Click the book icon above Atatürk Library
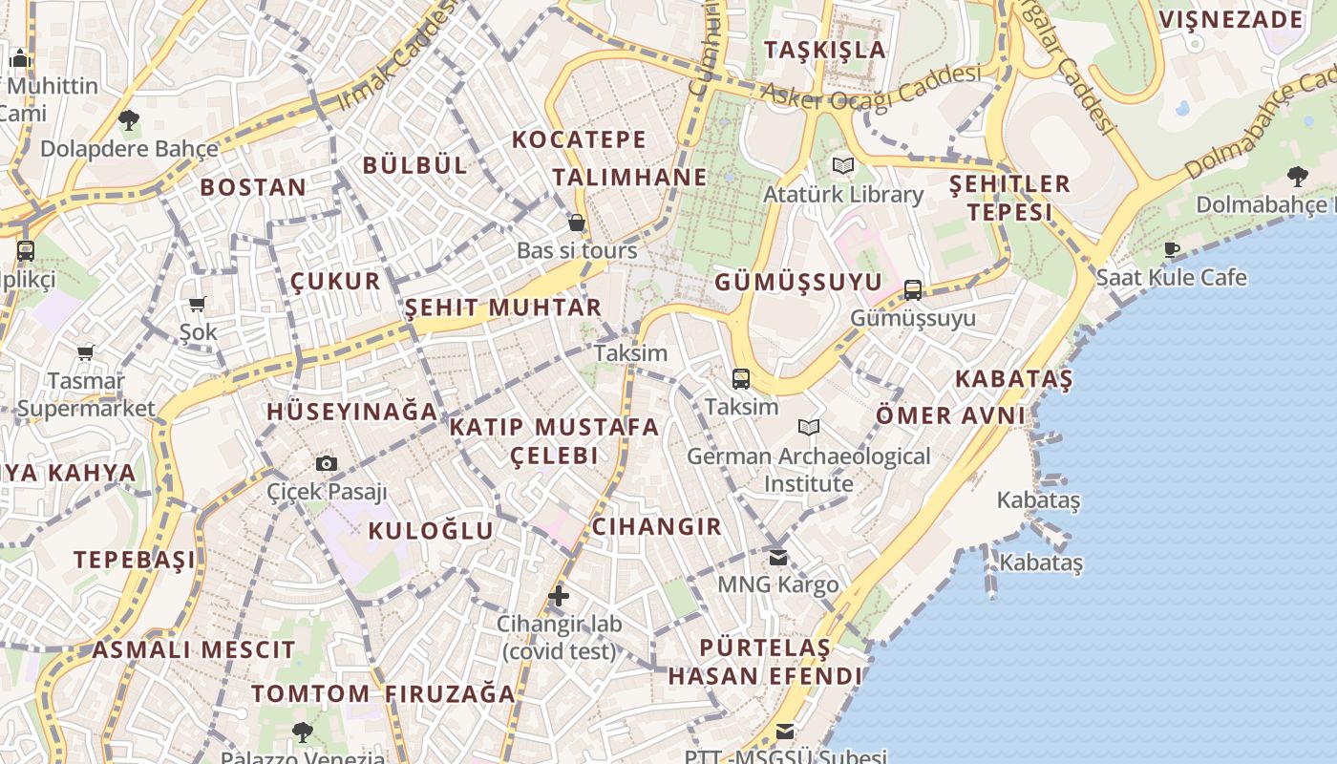pyautogui.click(x=842, y=166)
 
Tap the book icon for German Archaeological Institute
pyautogui.click(x=809, y=428)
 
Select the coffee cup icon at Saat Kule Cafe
pyautogui.click(x=1172, y=250)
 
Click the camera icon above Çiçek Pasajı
pyautogui.click(x=327, y=464)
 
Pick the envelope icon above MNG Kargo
pyautogui.click(x=778, y=557)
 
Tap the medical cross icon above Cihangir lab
pyautogui.click(x=559, y=597)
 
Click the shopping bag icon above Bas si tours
pyautogui.click(x=577, y=223)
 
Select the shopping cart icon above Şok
pyautogui.click(x=198, y=305)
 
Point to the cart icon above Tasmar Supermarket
pyautogui.click(x=86, y=353)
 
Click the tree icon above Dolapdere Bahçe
pyautogui.click(x=129, y=120)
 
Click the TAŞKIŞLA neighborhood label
pyautogui.click(x=825, y=50)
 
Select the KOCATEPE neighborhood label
pyautogui.click(x=579, y=139)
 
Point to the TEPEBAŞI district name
pyautogui.click(x=135, y=560)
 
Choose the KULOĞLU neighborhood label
pyautogui.click(x=431, y=531)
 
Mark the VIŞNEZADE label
pyautogui.click(x=1231, y=19)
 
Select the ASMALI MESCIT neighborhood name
pyautogui.click(x=194, y=650)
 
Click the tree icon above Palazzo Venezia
pyautogui.click(x=303, y=732)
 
